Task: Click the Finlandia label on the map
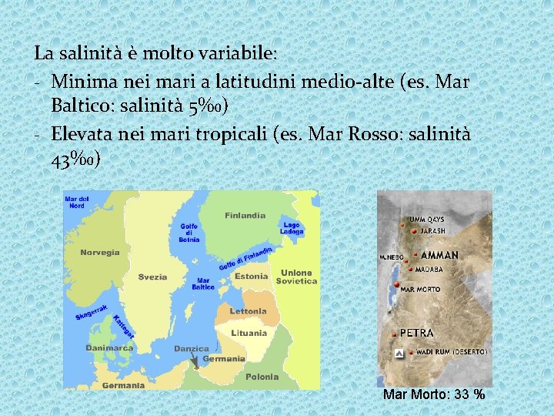245,216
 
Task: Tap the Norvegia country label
100,252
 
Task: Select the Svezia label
152,277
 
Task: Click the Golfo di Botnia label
189,233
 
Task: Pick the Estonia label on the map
252,276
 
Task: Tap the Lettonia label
248,311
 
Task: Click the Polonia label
262,377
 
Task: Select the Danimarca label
109,347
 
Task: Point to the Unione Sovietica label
297,277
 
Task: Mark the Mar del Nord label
76,202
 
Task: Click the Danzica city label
192,348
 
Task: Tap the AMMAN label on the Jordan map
439,255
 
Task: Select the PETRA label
417,334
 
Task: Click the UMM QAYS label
427,220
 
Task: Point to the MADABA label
429,270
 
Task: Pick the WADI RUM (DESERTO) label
451,352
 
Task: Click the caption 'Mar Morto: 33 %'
434,394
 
